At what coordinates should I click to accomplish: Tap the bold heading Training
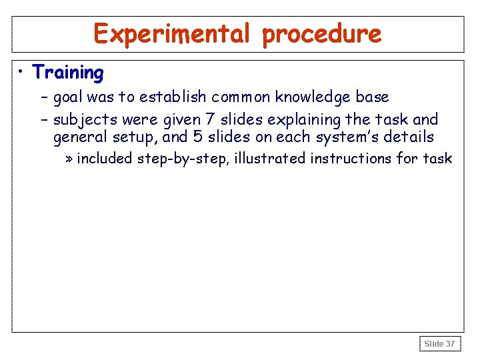pos(68,72)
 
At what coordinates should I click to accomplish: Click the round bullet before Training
pos(23,72)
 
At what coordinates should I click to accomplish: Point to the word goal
pos(68,97)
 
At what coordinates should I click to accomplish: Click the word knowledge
pos(313,97)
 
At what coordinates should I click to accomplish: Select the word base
pos(372,97)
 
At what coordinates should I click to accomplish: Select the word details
pos(409,137)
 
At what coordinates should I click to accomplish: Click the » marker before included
pos(69,159)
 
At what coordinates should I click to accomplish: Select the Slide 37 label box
pos(440,344)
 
